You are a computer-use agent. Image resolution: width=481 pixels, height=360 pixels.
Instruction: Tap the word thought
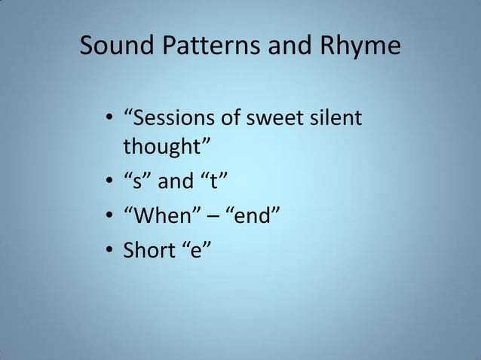pos(158,145)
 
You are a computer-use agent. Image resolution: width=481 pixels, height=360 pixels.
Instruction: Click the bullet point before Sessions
pos(110,119)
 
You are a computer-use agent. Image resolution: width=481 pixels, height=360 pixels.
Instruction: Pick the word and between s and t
pos(173,182)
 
